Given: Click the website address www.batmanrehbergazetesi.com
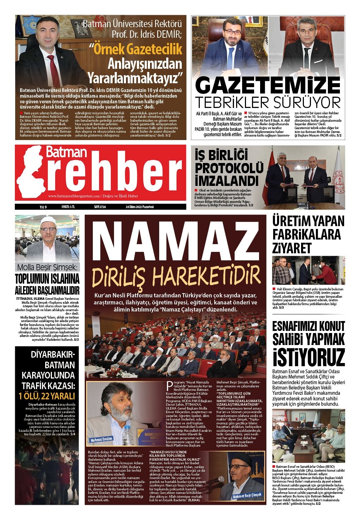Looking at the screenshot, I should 74,196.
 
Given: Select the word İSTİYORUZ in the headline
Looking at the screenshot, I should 308,357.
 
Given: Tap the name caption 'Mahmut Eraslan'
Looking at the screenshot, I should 101,440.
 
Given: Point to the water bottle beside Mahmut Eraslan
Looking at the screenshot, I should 127,435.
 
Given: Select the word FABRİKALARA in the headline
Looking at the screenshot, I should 306,234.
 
